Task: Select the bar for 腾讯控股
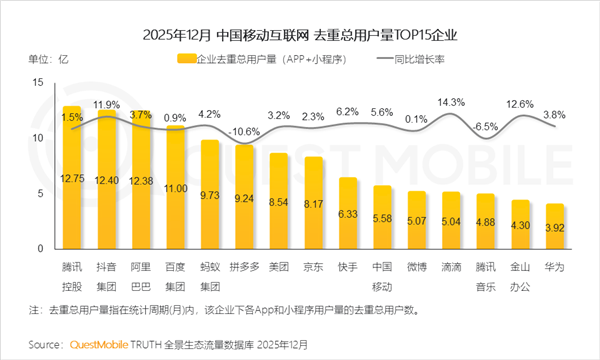[72, 180]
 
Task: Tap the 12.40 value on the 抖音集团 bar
[107, 179]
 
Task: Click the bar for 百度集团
[176, 190]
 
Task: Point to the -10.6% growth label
[245, 131]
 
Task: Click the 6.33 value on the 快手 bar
[348, 213]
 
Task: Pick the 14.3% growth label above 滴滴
[452, 102]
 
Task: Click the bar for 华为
[555, 226]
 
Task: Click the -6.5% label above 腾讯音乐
[486, 127]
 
